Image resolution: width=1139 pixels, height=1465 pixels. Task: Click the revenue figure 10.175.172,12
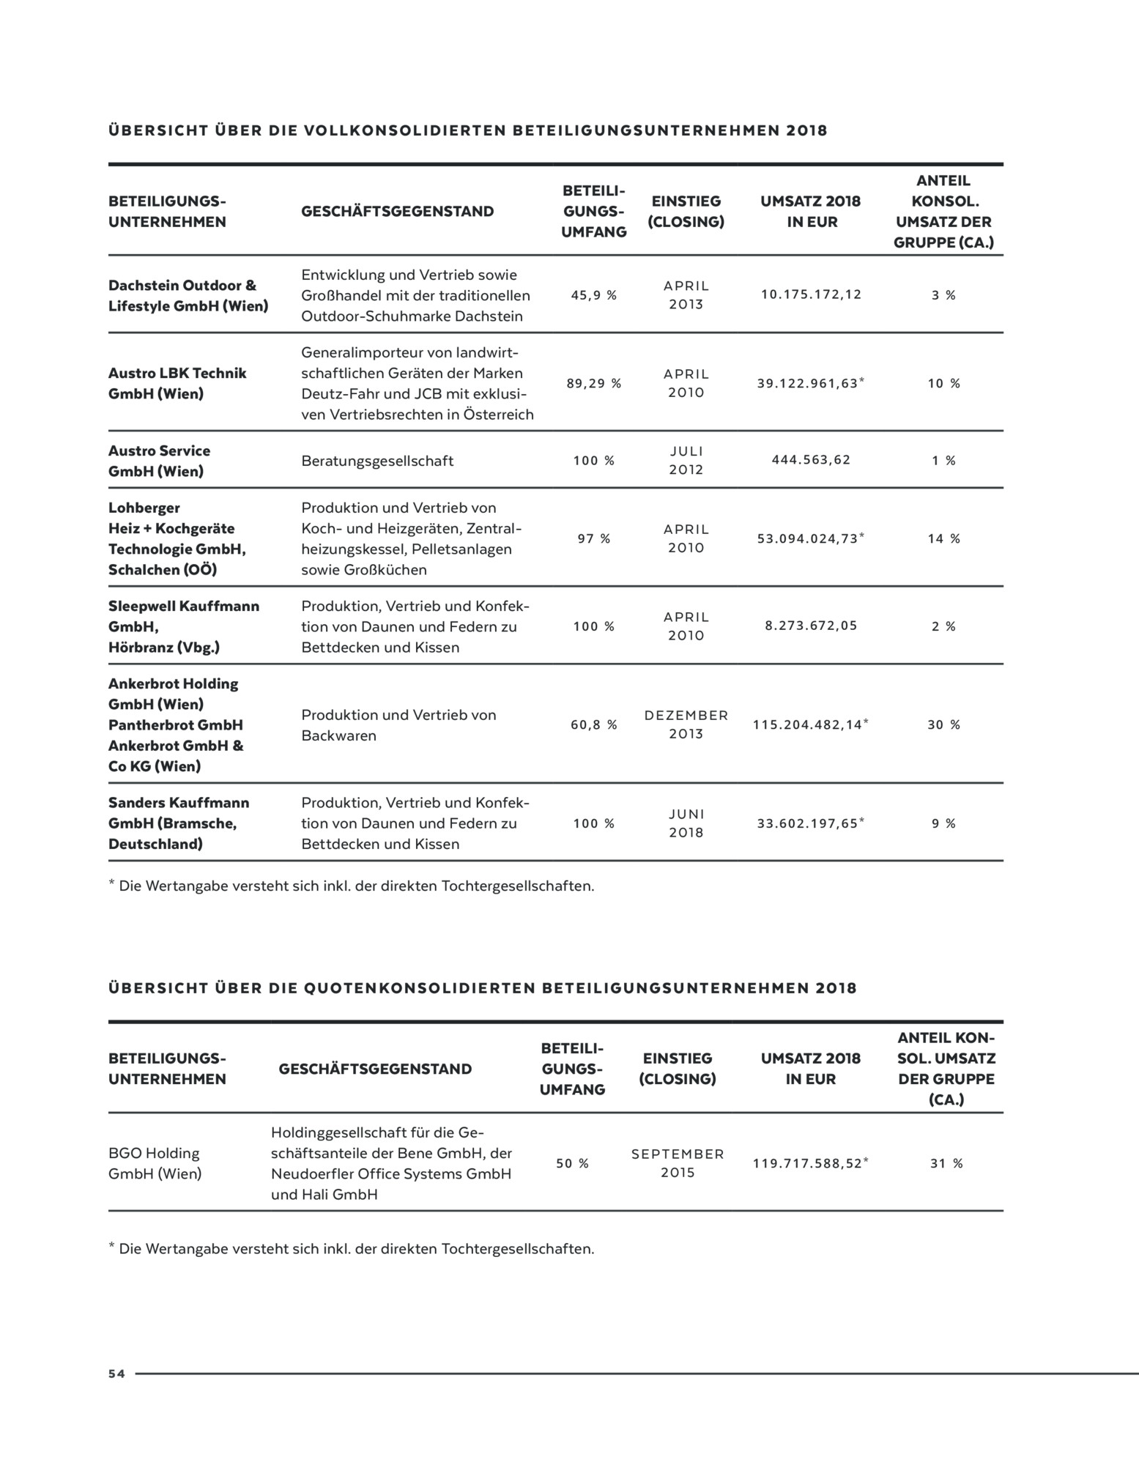point(811,294)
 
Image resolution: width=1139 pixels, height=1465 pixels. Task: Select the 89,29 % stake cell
point(593,383)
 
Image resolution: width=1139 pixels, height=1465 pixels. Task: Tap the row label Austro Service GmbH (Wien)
point(159,461)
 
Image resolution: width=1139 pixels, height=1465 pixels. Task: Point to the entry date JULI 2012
point(686,460)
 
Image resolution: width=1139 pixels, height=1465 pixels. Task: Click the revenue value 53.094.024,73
point(807,538)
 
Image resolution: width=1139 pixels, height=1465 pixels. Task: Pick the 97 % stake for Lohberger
point(593,538)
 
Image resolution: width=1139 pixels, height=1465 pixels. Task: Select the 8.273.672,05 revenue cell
point(811,626)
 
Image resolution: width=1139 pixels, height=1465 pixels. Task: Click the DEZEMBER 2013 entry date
point(686,724)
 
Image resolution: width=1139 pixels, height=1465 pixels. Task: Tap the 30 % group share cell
point(943,724)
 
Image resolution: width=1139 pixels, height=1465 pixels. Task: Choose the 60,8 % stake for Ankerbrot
point(593,724)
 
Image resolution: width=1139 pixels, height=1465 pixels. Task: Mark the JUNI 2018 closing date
point(686,823)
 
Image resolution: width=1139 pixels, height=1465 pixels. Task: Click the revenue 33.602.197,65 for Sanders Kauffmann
point(807,823)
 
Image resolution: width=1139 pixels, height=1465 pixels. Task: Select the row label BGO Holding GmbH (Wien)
point(155,1163)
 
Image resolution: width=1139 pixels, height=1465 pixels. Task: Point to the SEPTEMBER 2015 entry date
point(678,1163)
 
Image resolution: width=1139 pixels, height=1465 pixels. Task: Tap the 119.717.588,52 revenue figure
point(807,1163)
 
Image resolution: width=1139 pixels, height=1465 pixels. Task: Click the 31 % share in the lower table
point(946,1163)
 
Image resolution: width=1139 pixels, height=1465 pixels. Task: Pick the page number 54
point(116,1374)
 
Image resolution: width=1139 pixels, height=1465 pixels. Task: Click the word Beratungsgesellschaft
point(377,461)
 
